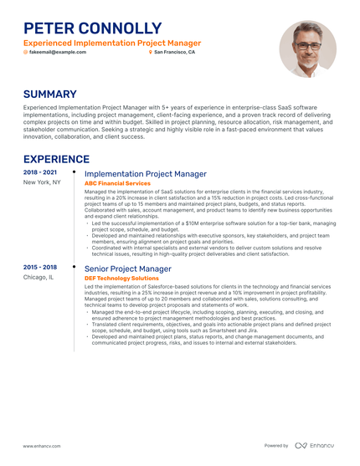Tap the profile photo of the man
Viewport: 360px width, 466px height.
coord(307,49)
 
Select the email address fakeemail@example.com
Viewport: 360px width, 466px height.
coord(58,52)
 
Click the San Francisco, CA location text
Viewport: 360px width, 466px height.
coord(174,52)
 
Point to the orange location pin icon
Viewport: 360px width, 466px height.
coord(150,52)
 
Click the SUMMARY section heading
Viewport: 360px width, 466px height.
coord(49,95)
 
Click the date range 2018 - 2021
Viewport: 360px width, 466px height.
coord(40,172)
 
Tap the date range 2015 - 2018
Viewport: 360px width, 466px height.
coord(40,268)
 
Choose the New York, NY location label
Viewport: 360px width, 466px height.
coord(42,182)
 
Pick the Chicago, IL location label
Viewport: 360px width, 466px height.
coord(39,278)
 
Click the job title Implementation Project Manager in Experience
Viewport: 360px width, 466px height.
coord(146,174)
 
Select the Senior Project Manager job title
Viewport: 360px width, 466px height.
coord(128,269)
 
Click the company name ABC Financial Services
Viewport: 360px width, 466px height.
coord(118,183)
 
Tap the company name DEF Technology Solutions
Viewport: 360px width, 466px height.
coord(121,278)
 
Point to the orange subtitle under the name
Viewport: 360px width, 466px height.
coord(111,42)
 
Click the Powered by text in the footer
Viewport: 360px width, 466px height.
coord(276,446)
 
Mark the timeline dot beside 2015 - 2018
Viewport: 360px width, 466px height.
coord(75,267)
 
